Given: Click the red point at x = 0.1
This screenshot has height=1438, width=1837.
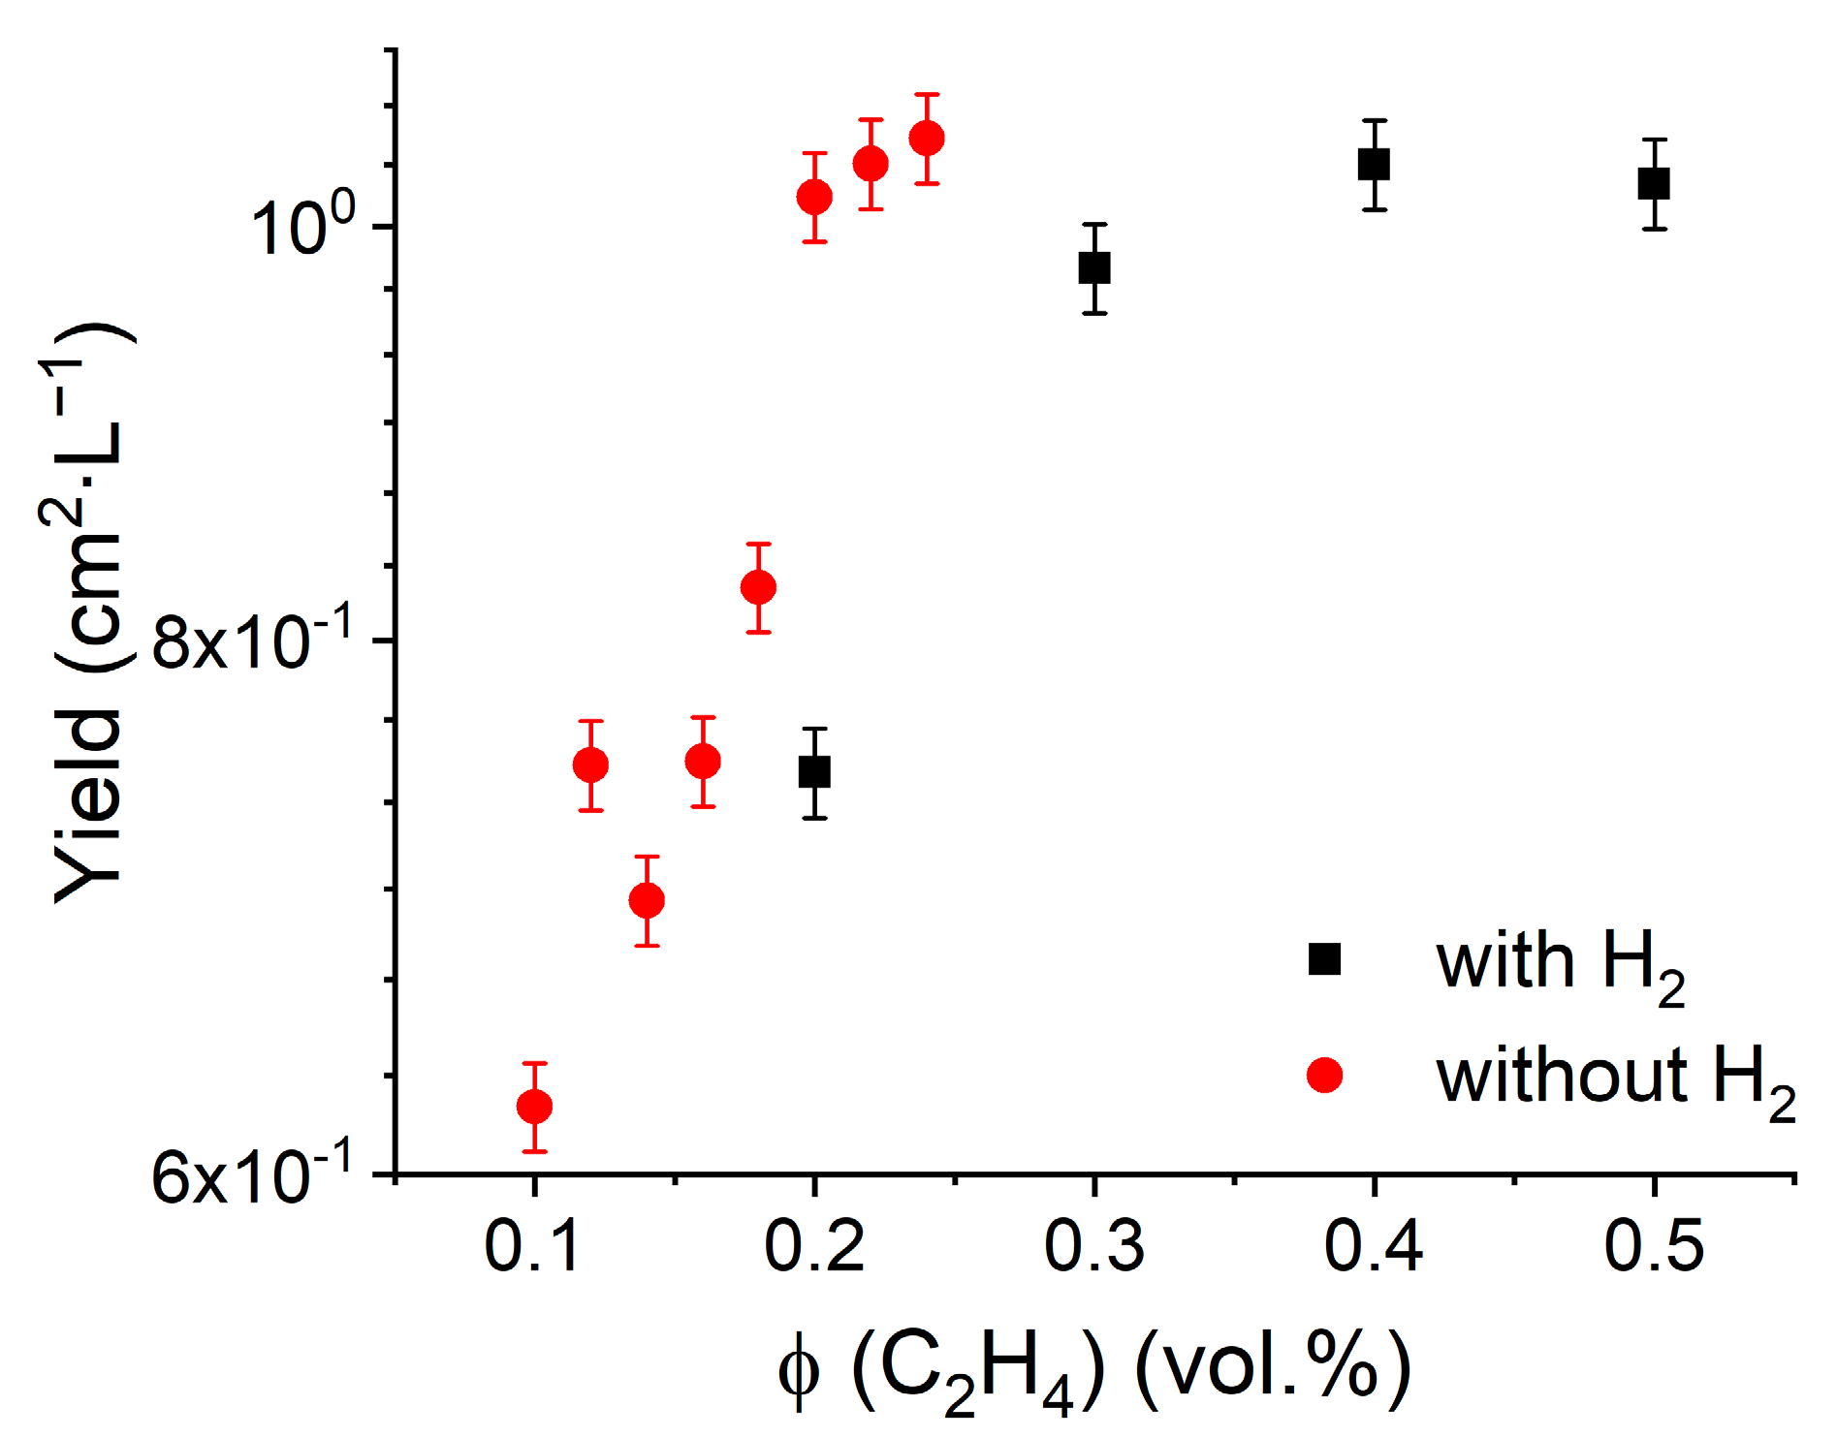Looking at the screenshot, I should (x=534, y=1106).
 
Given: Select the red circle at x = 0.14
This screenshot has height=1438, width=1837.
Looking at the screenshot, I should (x=647, y=900).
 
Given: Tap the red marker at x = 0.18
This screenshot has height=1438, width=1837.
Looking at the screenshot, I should (x=758, y=587).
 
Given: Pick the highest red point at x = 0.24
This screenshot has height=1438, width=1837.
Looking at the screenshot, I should (x=927, y=139).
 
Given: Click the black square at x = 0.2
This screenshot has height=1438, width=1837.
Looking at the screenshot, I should (x=814, y=772).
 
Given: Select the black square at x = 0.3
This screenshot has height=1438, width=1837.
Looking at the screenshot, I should (x=1094, y=267).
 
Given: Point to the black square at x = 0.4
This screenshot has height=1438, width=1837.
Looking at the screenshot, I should (x=1374, y=164).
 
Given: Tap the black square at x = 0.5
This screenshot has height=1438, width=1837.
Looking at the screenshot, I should (x=1654, y=183).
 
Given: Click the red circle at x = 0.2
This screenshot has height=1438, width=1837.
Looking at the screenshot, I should (x=814, y=197).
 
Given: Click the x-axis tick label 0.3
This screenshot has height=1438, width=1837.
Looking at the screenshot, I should (x=1093, y=1245).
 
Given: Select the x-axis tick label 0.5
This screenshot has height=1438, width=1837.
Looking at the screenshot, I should (x=1654, y=1245).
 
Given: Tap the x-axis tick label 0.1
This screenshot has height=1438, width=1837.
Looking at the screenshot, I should (x=533, y=1245).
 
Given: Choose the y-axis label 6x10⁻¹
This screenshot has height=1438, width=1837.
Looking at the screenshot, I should (x=252, y=1176).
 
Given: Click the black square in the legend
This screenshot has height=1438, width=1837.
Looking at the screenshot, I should (x=1324, y=958).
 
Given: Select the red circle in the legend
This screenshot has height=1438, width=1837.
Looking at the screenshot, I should (x=1324, y=1075).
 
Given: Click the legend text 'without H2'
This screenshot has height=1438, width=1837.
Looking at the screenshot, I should (x=1614, y=1078).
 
